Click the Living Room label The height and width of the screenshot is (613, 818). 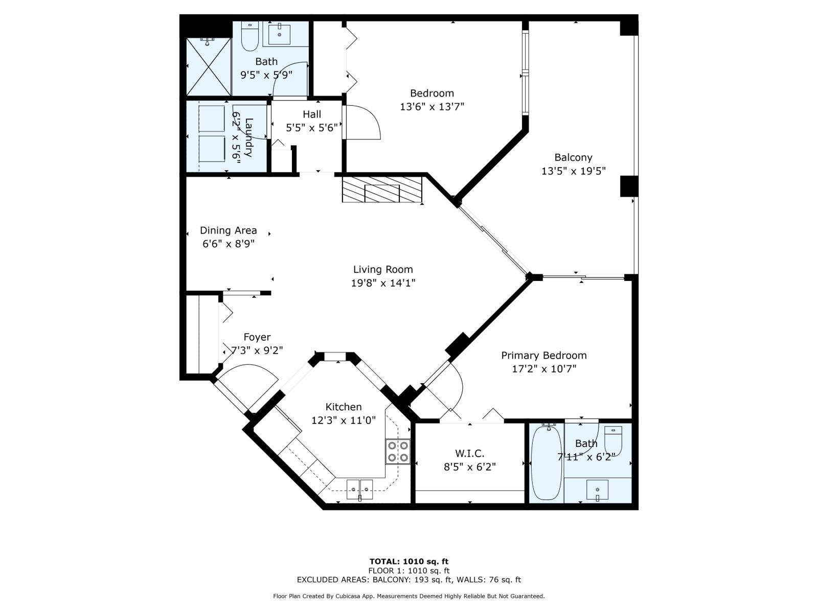click(x=383, y=270)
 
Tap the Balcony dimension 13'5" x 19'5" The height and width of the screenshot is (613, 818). click(x=573, y=171)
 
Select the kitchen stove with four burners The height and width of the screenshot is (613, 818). click(x=398, y=452)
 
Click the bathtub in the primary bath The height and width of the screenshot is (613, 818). click(x=546, y=463)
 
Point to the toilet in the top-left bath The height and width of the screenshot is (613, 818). click(x=249, y=36)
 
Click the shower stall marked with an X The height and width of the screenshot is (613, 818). click(x=209, y=66)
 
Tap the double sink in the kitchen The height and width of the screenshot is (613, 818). click(x=359, y=489)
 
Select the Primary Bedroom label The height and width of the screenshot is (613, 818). click(x=544, y=356)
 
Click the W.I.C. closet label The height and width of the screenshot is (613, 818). click(x=469, y=453)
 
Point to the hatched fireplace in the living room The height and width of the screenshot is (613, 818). click(x=382, y=190)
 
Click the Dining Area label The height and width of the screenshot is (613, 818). click(x=228, y=230)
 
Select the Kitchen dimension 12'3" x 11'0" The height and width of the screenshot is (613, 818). click(x=343, y=420)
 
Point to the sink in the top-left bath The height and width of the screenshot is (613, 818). click(x=279, y=34)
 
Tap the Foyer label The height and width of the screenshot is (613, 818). click(x=257, y=337)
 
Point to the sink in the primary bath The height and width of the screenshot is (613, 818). click(x=597, y=489)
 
